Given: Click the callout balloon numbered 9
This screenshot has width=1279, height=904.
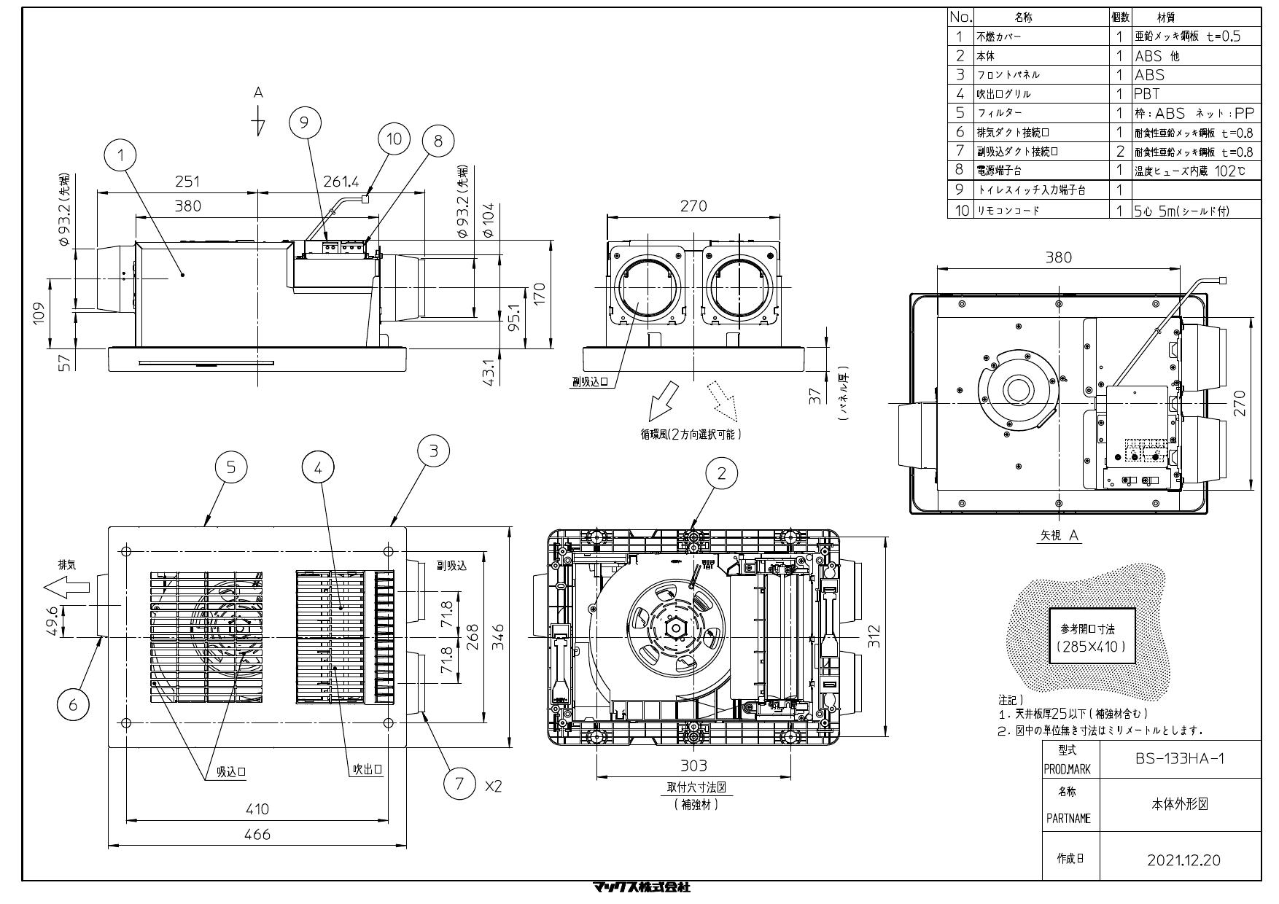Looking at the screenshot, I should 306,122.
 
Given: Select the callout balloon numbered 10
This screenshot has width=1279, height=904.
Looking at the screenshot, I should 394,139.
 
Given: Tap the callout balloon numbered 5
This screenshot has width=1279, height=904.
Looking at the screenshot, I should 231,467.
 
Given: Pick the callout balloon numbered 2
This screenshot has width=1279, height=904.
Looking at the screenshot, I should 722,473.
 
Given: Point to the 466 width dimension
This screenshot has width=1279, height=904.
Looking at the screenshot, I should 257,835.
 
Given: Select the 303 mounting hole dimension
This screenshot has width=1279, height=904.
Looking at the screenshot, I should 693,765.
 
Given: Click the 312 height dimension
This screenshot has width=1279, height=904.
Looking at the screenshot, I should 876,636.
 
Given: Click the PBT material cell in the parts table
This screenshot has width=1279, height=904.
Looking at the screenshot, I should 1147,94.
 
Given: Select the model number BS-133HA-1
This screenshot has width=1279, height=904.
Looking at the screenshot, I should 1180,758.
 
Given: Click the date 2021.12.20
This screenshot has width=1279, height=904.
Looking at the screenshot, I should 1183,860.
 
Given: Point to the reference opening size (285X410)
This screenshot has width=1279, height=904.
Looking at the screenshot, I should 1091,647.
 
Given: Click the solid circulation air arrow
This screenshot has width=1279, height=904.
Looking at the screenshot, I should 663,400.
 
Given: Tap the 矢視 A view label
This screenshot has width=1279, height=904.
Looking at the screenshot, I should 1060,535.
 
